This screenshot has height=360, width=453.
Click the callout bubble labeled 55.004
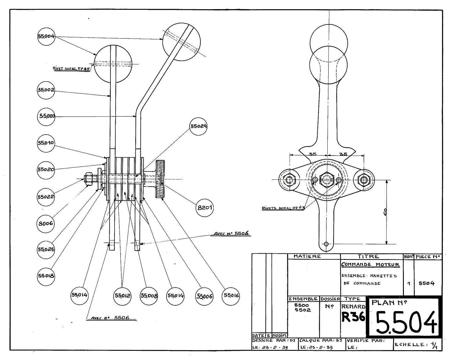tap(46, 37)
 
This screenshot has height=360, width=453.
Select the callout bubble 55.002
tap(46, 90)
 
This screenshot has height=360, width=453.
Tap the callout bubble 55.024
tap(198, 126)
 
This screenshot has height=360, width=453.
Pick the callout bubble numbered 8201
tap(204, 208)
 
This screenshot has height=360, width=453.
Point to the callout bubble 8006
tap(46, 223)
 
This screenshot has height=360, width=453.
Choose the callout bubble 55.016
tap(231, 296)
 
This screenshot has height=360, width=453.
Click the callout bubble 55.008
tap(149, 296)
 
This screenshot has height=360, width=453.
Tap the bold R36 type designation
tap(353, 317)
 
